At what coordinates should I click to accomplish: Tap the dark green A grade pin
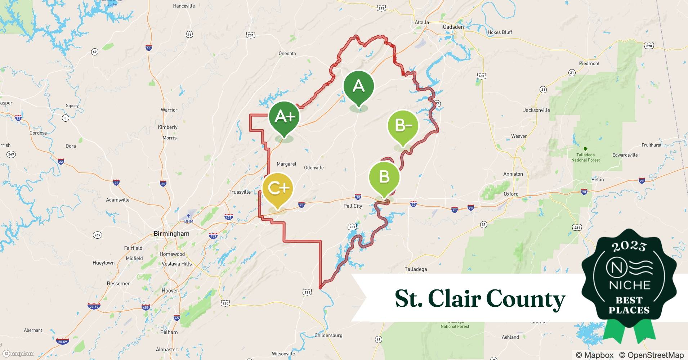[x=358, y=86]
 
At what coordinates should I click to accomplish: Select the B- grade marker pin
[x=403, y=126]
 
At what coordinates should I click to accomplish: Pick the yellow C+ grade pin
[x=278, y=188]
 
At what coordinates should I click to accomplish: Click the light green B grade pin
[x=384, y=177]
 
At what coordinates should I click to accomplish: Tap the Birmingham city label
[x=171, y=234]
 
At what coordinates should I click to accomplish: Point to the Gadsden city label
[x=453, y=27]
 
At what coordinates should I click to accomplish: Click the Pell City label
[x=353, y=206]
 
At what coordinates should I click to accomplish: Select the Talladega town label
[x=416, y=269]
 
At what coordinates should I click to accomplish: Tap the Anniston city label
[x=513, y=174]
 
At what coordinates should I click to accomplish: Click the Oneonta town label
[x=287, y=54]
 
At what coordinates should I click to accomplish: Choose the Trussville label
[x=240, y=192]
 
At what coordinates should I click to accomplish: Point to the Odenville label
[x=314, y=168]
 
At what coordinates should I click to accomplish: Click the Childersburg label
[x=328, y=335]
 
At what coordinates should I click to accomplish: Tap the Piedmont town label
[x=589, y=63]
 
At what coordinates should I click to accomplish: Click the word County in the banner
[x=526, y=299]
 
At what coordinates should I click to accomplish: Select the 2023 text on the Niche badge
[x=629, y=246]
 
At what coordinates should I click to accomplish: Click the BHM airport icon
[x=188, y=216]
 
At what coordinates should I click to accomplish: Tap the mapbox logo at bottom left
[x=18, y=354]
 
